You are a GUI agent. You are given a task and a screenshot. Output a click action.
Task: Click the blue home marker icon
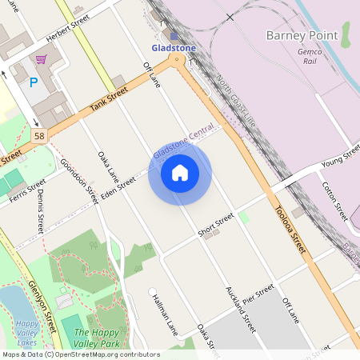click(180, 173)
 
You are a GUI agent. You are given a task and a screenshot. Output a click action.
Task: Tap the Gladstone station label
click(174, 48)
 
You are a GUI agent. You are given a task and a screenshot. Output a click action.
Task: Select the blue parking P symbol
click(34, 82)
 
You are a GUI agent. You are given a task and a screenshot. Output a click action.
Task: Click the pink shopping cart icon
click(41, 59)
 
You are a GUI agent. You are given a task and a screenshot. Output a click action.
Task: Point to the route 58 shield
click(39, 137)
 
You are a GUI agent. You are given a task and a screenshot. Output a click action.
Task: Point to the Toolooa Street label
click(290, 228)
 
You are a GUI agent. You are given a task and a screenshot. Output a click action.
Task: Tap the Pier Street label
click(258, 292)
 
